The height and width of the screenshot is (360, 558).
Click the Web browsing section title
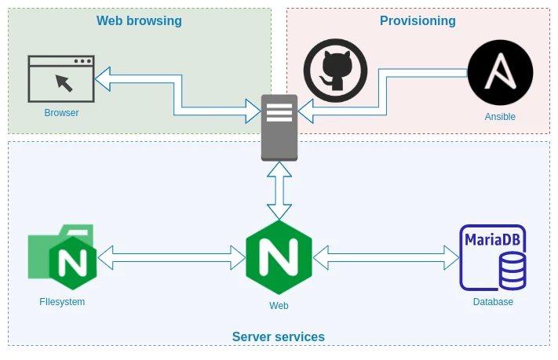click(139, 21)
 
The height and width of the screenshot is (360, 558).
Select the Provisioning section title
click(418, 21)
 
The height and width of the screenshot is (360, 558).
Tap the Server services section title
click(278, 337)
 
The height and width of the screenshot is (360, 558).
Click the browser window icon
click(61, 78)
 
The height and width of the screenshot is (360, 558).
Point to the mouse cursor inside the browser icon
click(64, 82)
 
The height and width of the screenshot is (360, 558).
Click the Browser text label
click(61, 113)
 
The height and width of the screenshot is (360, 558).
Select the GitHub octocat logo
click(335, 71)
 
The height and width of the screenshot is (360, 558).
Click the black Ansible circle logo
click(500, 73)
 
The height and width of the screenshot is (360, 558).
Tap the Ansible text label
click(500, 117)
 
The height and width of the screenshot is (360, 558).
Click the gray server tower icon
click(279, 127)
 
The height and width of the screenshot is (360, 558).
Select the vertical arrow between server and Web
click(279, 191)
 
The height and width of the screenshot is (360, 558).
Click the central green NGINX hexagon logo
click(279, 257)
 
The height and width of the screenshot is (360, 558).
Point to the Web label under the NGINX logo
click(279, 306)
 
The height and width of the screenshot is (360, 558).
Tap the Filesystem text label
click(62, 302)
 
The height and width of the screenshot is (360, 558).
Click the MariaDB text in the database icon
click(492, 239)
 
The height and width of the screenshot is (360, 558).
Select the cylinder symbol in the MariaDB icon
click(512, 271)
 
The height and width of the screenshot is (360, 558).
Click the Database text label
click(493, 302)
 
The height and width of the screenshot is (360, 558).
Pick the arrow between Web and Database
click(385, 257)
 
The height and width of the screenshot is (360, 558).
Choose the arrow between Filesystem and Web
click(171, 257)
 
